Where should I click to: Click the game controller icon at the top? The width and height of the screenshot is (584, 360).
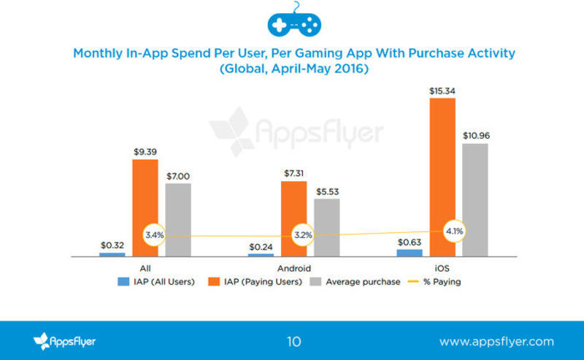click(295, 23)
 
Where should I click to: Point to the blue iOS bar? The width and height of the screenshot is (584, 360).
click(409, 252)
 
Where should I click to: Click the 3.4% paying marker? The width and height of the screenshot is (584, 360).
click(154, 235)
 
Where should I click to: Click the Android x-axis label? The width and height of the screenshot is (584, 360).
click(293, 267)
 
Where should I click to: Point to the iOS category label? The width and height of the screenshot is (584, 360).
click(442, 267)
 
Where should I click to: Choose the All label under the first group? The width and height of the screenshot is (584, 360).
click(145, 267)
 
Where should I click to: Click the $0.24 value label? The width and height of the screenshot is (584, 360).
click(260, 246)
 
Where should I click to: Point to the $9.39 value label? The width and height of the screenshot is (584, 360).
click(145, 152)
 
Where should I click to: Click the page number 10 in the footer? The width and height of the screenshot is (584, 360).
click(293, 341)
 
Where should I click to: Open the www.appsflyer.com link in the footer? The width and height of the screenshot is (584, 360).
click(496, 341)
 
